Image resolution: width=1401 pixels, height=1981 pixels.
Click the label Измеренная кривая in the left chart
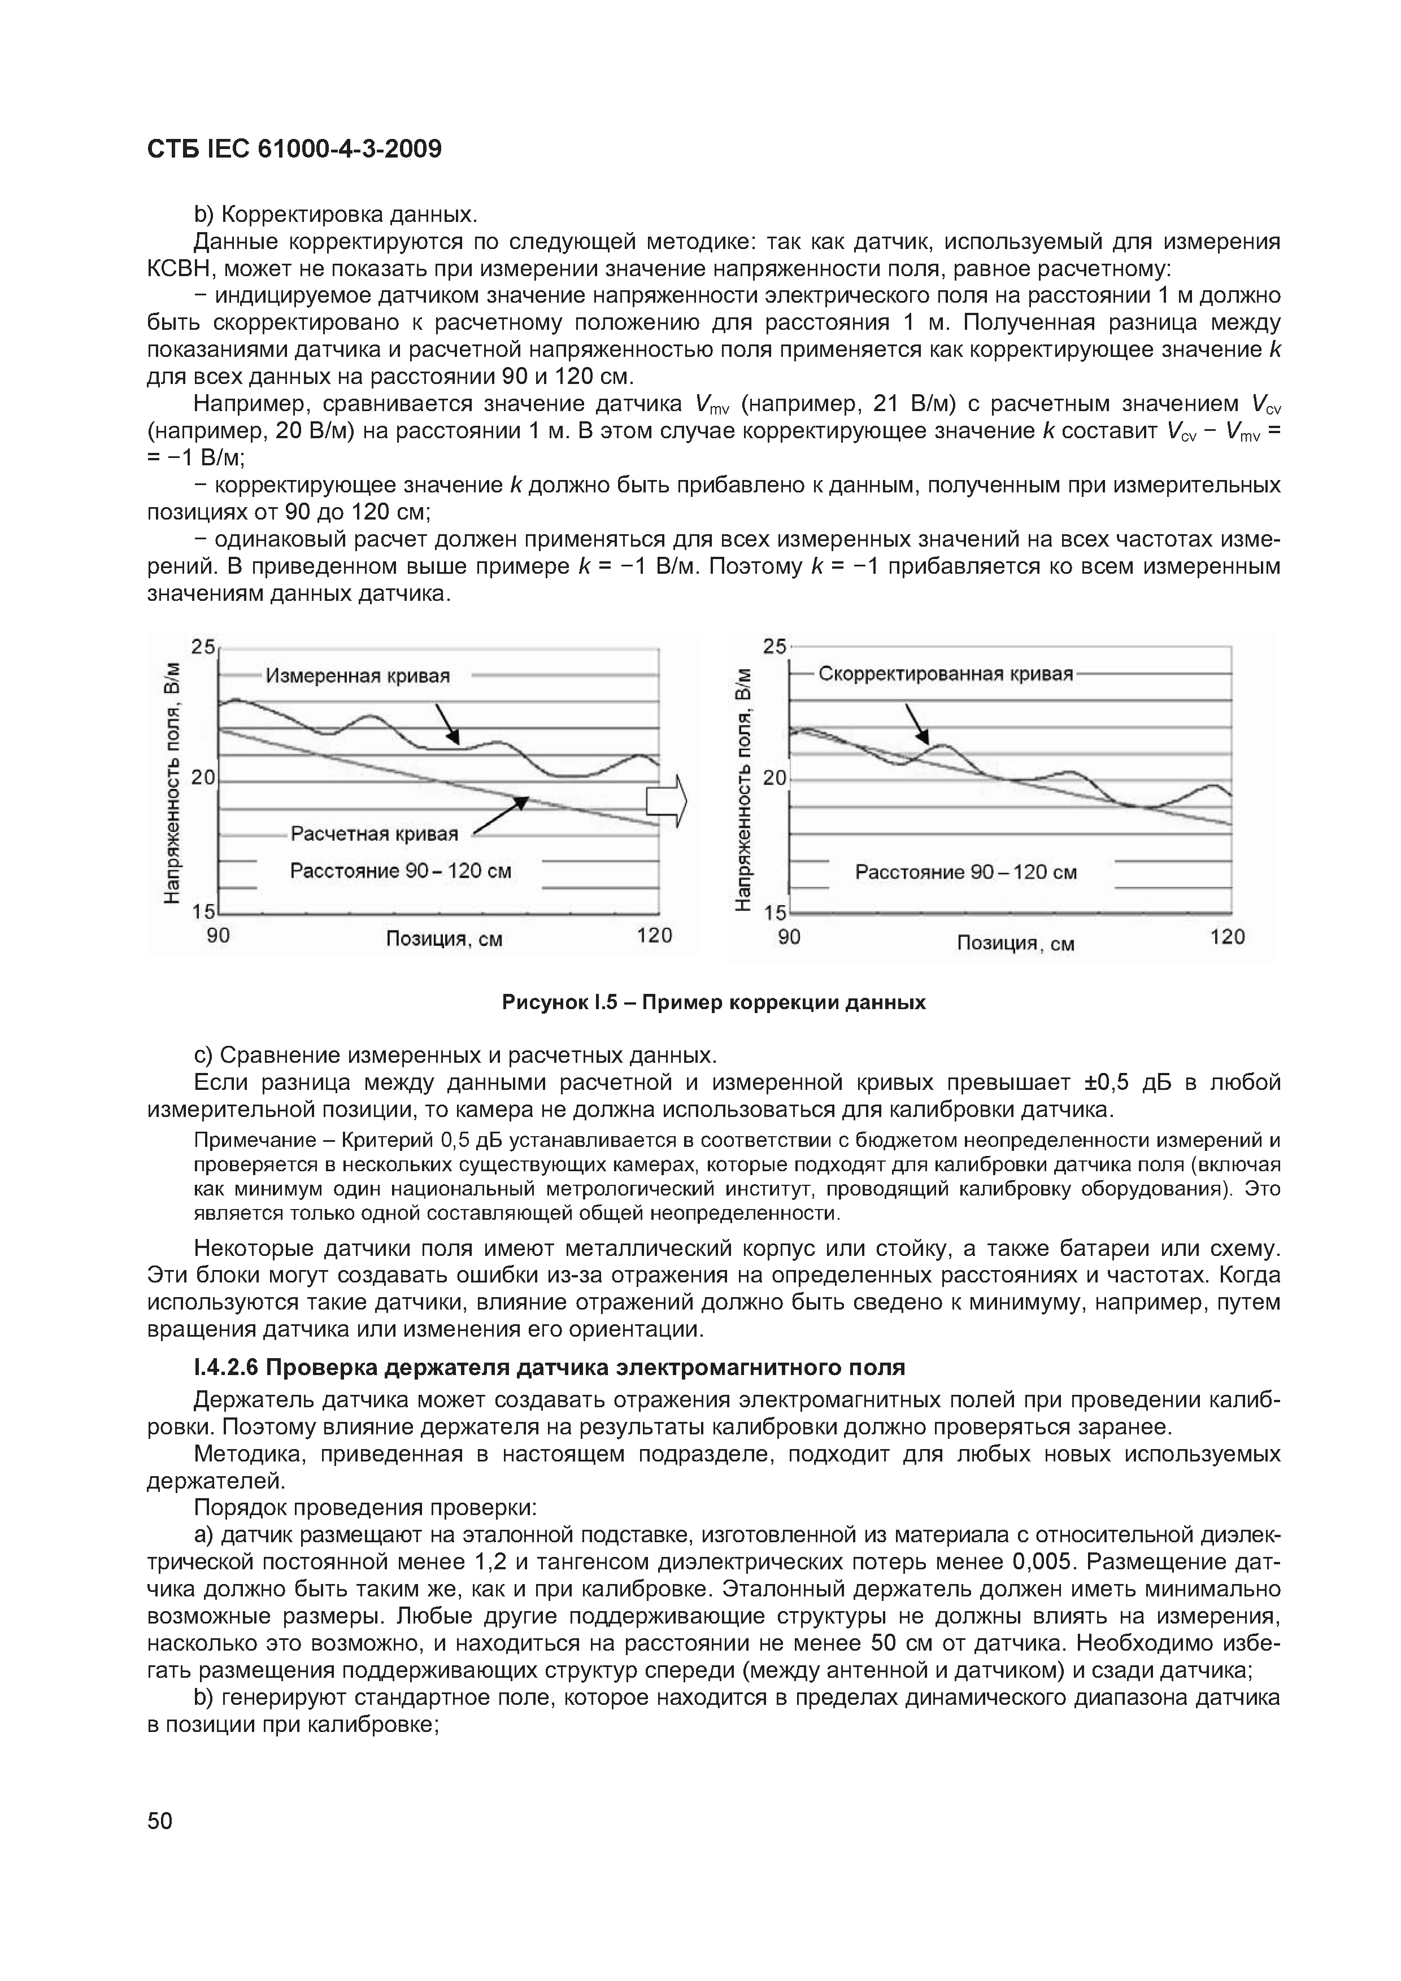[358, 675]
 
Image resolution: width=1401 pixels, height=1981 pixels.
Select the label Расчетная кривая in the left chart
[374, 834]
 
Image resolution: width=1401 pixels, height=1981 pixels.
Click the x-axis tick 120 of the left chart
[654, 935]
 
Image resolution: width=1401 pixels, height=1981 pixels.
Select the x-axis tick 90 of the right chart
[789, 937]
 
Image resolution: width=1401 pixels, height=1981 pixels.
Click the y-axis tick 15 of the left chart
[204, 911]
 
